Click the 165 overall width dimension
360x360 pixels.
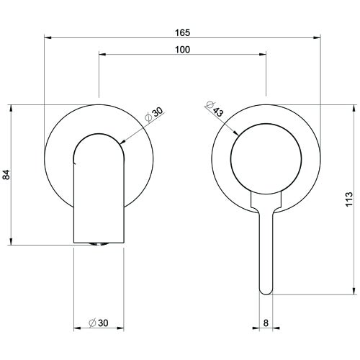click(x=181, y=32)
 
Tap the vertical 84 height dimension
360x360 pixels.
click(x=6, y=174)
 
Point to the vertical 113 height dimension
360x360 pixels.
click(x=349, y=199)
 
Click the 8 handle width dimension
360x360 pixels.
click(x=266, y=323)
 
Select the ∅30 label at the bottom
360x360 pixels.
click(x=98, y=323)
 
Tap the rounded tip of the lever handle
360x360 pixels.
click(x=266, y=289)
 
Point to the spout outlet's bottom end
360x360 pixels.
click(x=98, y=243)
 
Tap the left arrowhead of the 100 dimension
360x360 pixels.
click(x=102, y=55)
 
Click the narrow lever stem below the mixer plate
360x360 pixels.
click(x=266, y=245)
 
